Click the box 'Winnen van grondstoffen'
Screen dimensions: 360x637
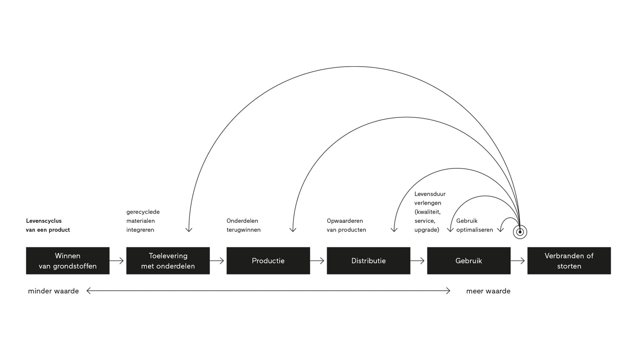click(x=68, y=261)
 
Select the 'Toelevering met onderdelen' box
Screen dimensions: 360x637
click(x=168, y=261)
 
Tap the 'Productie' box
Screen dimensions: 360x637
click(x=268, y=261)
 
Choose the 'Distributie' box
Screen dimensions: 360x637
click(x=368, y=261)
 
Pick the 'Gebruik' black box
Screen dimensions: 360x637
click(x=469, y=261)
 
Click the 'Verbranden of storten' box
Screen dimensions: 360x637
click(x=569, y=261)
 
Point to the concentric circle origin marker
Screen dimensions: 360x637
click(x=520, y=232)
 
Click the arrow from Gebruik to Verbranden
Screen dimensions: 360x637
click(x=518, y=261)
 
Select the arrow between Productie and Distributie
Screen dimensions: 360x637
click(x=318, y=261)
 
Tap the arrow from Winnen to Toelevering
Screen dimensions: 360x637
click(x=117, y=261)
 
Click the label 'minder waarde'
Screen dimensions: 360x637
click(x=53, y=291)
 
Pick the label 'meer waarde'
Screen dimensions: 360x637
click(x=488, y=291)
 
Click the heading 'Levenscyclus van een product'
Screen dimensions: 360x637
click(x=48, y=225)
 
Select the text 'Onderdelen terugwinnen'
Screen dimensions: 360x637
click(x=244, y=225)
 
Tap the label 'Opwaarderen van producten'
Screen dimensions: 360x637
click(x=346, y=225)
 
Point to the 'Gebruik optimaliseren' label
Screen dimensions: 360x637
click(x=475, y=225)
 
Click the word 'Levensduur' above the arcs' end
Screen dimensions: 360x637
click(x=430, y=194)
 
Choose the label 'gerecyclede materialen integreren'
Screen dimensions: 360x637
click(x=143, y=221)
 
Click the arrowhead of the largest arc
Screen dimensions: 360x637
click(x=189, y=230)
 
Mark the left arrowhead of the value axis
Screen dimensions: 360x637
click(x=88, y=291)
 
